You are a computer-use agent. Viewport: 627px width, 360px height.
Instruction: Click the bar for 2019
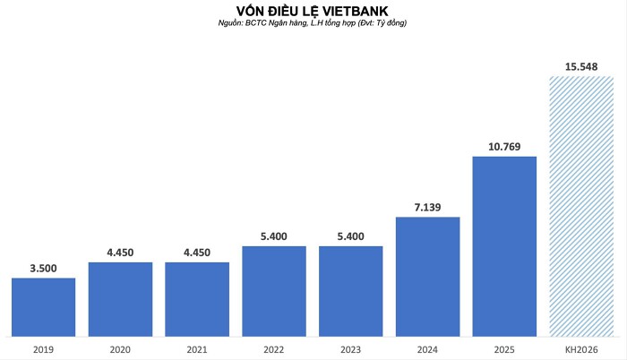[x=43, y=306]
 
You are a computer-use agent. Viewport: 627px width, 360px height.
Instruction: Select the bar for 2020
[x=120, y=299]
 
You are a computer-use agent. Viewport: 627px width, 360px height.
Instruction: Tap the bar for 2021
[x=197, y=299]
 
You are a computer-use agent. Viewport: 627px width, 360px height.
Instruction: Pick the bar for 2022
[x=274, y=290]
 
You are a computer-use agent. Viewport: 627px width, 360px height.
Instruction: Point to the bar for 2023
[x=351, y=290]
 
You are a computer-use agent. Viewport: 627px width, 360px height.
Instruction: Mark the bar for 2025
[x=504, y=246]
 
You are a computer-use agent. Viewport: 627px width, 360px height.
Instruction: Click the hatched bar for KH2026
[x=580, y=206]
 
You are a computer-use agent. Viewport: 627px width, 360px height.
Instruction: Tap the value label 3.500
[x=43, y=268]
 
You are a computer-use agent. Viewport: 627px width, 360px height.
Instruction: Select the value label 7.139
[x=427, y=207]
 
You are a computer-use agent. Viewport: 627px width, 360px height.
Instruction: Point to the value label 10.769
[x=504, y=147]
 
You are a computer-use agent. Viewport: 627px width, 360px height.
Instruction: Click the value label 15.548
[x=580, y=66]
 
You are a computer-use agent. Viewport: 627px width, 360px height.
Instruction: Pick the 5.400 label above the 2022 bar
[x=274, y=236]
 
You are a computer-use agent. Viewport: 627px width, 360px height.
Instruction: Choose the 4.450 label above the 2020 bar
[x=120, y=253]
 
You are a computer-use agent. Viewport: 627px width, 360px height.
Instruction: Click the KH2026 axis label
[x=580, y=349]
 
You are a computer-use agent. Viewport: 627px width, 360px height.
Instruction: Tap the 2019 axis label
[x=43, y=349]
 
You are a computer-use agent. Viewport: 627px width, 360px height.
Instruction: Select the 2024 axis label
[x=427, y=349]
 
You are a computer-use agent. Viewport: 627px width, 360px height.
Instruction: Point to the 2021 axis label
[x=197, y=349]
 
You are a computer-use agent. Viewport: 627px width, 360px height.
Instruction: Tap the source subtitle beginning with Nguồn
[x=313, y=22]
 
